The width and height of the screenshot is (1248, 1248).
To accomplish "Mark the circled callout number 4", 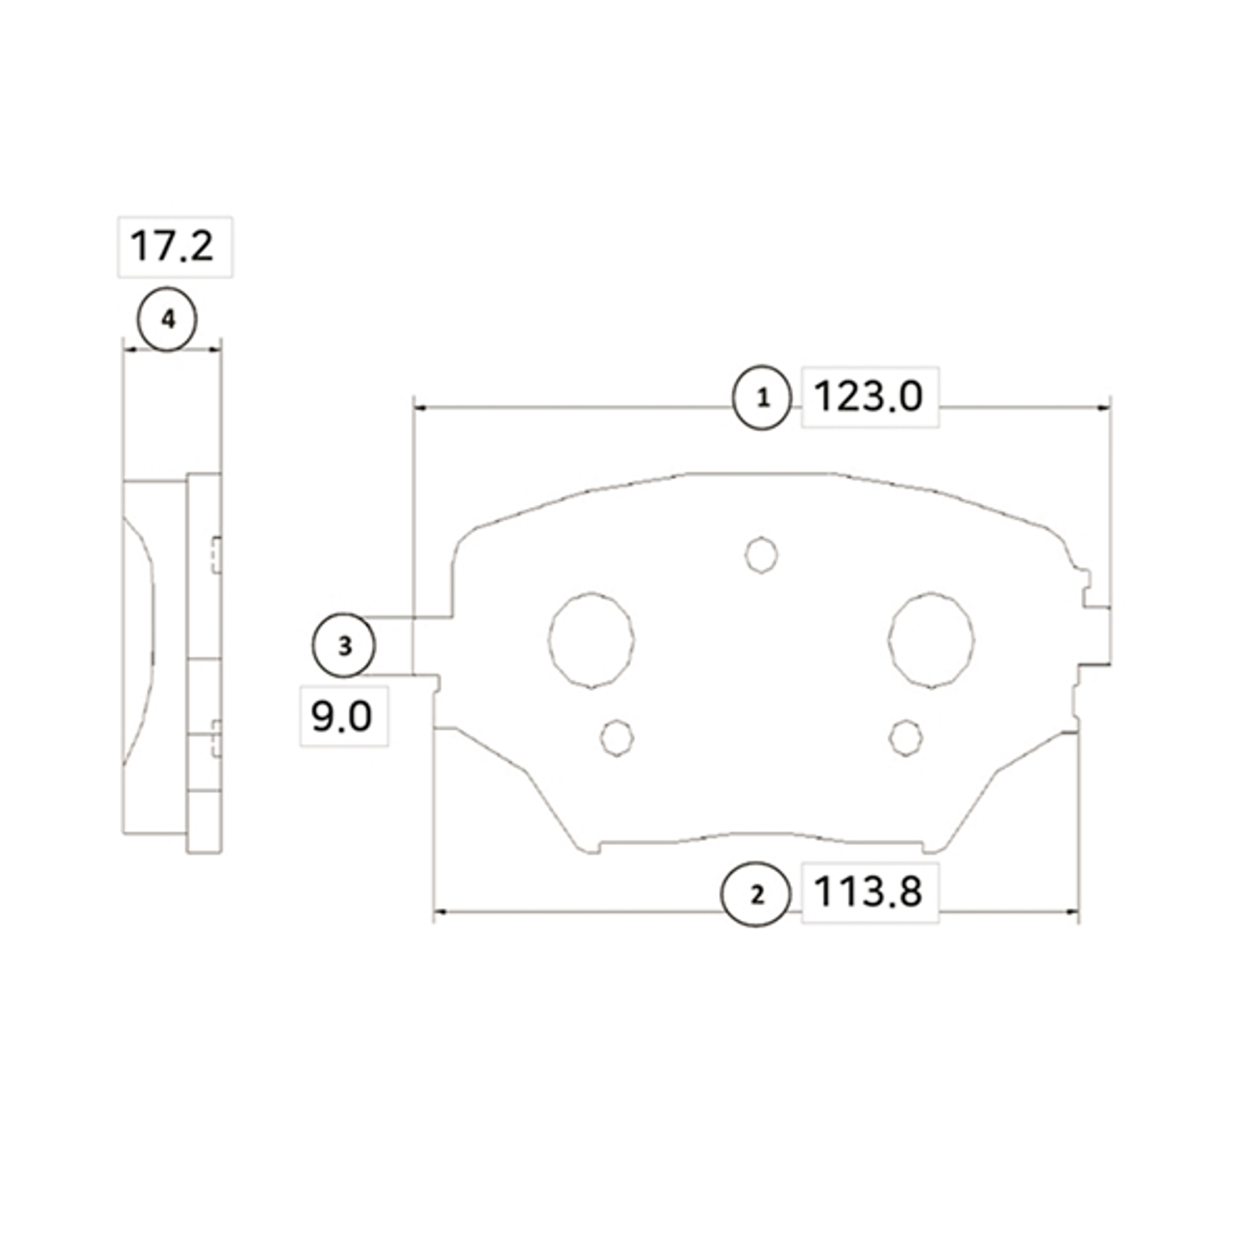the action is (167, 319).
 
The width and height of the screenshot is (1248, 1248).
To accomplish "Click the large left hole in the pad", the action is (591, 639).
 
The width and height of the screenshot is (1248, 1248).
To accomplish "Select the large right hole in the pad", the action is (931, 639).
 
